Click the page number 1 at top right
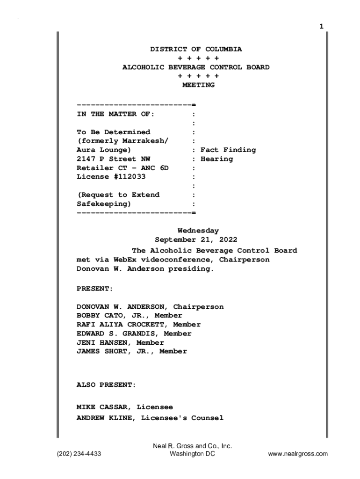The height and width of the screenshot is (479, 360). click(321, 26)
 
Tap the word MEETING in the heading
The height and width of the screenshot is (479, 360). click(198, 85)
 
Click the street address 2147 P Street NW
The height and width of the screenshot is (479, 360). click(114, 159)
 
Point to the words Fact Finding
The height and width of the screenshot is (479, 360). click(228, 150)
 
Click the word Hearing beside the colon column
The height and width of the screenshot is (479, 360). click(216, 159)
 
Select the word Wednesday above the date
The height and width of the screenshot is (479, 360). click(198, 231)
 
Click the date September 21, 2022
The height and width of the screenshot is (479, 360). click(196, 240)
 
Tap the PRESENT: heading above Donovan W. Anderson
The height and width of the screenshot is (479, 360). click(95, 289)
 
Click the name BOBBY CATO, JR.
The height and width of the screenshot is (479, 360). click(106, 316)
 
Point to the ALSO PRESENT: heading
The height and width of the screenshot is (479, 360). click(107, 385)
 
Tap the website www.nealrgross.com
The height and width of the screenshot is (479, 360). click(298, 454)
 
